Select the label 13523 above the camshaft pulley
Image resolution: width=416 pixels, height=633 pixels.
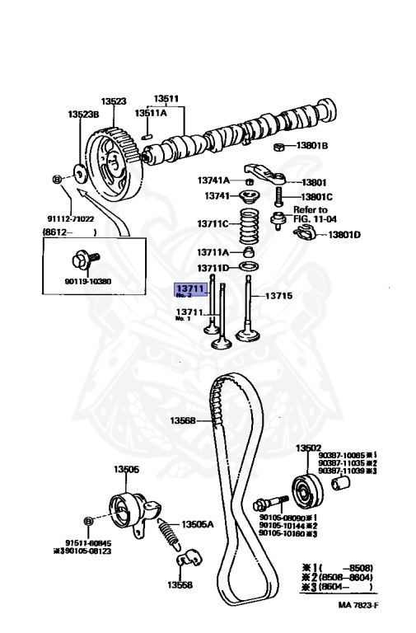pos(113,101)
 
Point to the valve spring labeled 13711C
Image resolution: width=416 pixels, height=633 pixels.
pos(250,223)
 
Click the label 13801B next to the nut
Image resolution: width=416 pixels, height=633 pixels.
pos(311,145)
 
